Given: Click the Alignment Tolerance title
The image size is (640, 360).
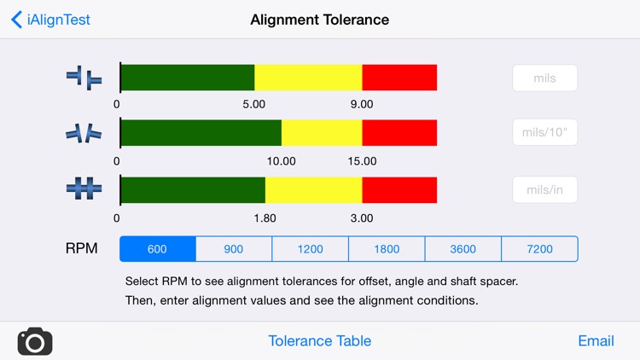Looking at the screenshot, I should point(319,20).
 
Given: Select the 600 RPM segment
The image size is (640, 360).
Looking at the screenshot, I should point(158,249).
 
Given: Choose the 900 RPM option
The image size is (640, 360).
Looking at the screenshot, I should point(234,249).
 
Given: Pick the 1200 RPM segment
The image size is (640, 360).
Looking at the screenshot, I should point(310,249).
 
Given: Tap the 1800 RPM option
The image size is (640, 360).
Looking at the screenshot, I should point(387,249).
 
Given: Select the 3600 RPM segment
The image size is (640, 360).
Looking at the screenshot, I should point(463,249).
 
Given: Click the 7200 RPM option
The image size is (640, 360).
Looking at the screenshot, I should point(539,249).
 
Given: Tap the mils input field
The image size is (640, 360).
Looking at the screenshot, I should point(544,78).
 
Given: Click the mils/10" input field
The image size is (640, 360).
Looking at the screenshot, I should point(544,133).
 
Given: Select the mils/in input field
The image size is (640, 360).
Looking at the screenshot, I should point(544,189).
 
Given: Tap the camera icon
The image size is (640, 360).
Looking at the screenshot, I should point(35,341).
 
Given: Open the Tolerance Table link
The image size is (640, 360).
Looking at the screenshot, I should point(319,340).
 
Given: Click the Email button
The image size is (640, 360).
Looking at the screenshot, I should point(596,340).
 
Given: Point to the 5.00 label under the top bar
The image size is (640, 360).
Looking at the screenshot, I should point(254,104).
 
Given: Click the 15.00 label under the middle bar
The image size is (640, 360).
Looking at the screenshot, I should point(362,161).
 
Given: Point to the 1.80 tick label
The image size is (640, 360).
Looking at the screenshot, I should point(265,218).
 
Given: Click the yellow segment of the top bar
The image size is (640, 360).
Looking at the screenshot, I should point(308,78).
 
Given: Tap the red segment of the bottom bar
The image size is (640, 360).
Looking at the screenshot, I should point(399,189).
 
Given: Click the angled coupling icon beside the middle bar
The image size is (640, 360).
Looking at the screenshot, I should point(84,133).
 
